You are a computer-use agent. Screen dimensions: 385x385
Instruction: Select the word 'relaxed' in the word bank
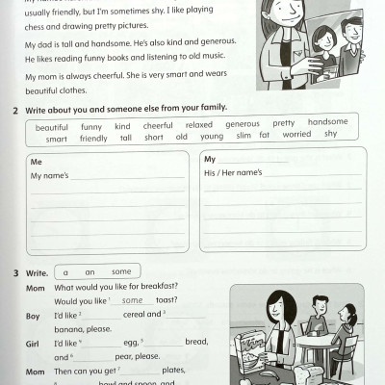(198, 125)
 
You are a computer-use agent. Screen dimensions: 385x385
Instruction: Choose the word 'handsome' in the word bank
(327, 122)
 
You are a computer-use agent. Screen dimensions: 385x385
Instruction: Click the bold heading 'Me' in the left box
(36, 162)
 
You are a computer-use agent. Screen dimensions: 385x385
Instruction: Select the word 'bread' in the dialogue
(195, 342)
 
